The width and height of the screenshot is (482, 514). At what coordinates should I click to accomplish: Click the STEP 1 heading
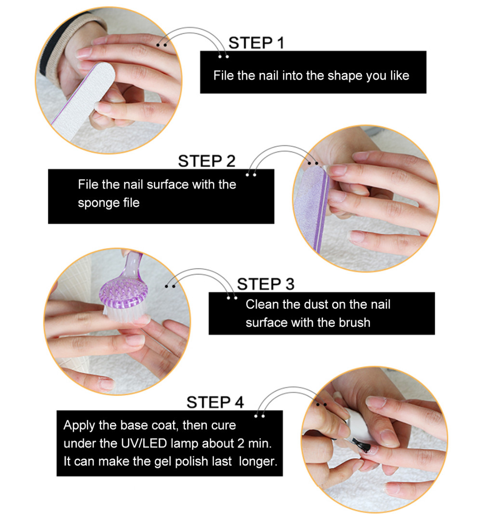256,43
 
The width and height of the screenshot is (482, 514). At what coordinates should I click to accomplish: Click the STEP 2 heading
207,161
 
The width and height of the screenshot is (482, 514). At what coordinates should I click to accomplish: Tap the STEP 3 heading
266,284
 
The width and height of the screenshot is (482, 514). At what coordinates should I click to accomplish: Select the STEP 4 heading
215,402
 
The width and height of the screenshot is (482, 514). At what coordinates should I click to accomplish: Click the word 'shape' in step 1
345,76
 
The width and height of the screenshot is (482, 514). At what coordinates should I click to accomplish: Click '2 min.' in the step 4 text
254,444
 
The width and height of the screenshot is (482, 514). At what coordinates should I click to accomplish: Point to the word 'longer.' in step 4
258,462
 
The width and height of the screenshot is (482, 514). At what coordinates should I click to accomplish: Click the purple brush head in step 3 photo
123,295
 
